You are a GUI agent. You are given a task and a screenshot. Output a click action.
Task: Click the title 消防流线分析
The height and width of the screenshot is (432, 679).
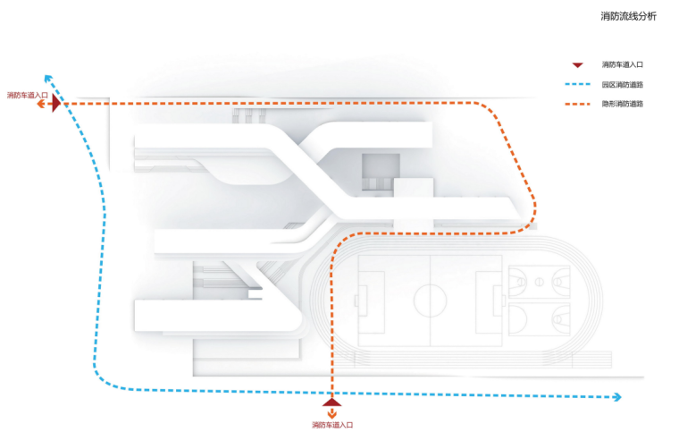click(628, 16)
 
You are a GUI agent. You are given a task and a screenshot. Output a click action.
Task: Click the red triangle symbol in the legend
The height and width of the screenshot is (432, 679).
click(578, 64)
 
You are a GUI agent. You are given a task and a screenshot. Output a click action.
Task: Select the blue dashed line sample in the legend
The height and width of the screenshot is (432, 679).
click(578, 85)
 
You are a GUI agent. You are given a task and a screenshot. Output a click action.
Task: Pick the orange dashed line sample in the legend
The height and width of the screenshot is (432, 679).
click(578, 105)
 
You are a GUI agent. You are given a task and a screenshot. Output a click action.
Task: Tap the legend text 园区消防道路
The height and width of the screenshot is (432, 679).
click(623, 85)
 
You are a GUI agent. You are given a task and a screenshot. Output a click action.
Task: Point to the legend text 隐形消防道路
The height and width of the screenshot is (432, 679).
click(623, 105)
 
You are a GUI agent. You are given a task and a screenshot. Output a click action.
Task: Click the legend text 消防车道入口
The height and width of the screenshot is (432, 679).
click(623, 64)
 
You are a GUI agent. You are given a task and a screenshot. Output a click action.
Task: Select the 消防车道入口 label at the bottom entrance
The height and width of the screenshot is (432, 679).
click(332, 424)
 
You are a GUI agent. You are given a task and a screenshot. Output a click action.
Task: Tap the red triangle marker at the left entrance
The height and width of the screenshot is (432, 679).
click(55, 105)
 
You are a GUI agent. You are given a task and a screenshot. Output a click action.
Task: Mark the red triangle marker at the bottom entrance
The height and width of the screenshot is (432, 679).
click(332, 402)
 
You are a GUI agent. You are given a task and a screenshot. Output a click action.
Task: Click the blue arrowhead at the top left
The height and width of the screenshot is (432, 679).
click(47, 79)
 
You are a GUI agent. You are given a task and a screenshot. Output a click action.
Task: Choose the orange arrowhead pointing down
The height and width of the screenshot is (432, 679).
click(332, 414)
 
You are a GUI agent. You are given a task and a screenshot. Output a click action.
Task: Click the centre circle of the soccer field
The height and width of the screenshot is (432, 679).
click(430, 300)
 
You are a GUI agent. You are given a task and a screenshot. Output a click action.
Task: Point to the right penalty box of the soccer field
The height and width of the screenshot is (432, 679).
click(491, 300)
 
